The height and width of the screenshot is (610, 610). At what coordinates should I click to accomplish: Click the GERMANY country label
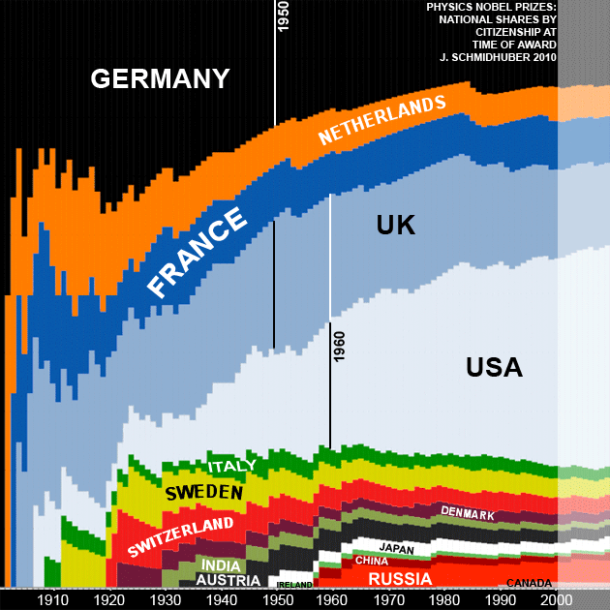[161, 78]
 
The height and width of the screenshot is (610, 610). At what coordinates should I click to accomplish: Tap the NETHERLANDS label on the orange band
[382, 120]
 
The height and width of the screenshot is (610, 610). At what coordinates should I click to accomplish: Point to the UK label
[395, 226]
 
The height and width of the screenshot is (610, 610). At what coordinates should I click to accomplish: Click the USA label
[494, 368]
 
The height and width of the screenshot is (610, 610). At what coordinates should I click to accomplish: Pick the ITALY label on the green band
[232, 466]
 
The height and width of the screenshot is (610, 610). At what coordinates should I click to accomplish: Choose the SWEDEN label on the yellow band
[203, 493]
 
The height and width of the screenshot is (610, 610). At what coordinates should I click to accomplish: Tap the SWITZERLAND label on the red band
[181, 536]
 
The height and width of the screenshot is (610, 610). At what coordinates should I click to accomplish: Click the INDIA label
[222, 565]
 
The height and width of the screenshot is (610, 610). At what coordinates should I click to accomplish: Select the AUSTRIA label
[229, 580]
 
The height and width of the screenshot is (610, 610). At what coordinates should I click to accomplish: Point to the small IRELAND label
[293, 585]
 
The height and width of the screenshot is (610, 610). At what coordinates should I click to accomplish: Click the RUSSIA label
[400, 579]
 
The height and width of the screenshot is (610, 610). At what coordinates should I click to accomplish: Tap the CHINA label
[372, 560]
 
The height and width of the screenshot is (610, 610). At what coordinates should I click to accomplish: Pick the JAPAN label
[397, 548]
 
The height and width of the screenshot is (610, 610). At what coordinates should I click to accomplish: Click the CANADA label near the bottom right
[529, 583]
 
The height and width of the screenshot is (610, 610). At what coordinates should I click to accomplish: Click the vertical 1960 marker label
[339, 346]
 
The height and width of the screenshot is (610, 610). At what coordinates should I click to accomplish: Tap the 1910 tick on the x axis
[48, 600]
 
